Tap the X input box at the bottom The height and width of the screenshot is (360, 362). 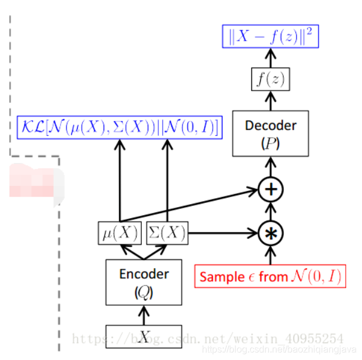144,336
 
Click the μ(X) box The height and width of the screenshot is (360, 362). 119,234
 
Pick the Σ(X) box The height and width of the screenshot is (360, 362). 167,234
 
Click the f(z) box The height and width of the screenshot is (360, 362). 271,78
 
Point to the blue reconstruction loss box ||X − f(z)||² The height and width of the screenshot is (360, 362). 271,36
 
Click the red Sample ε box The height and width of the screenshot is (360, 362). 271,276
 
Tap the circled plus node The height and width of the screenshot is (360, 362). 271,190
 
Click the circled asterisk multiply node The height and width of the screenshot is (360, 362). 271,233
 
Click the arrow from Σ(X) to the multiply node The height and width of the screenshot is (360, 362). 224,233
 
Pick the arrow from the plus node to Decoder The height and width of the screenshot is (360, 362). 271,168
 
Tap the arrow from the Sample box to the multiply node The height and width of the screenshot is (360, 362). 271,255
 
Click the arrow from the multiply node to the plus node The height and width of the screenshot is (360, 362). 271,212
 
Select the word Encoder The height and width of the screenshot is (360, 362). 144,274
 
